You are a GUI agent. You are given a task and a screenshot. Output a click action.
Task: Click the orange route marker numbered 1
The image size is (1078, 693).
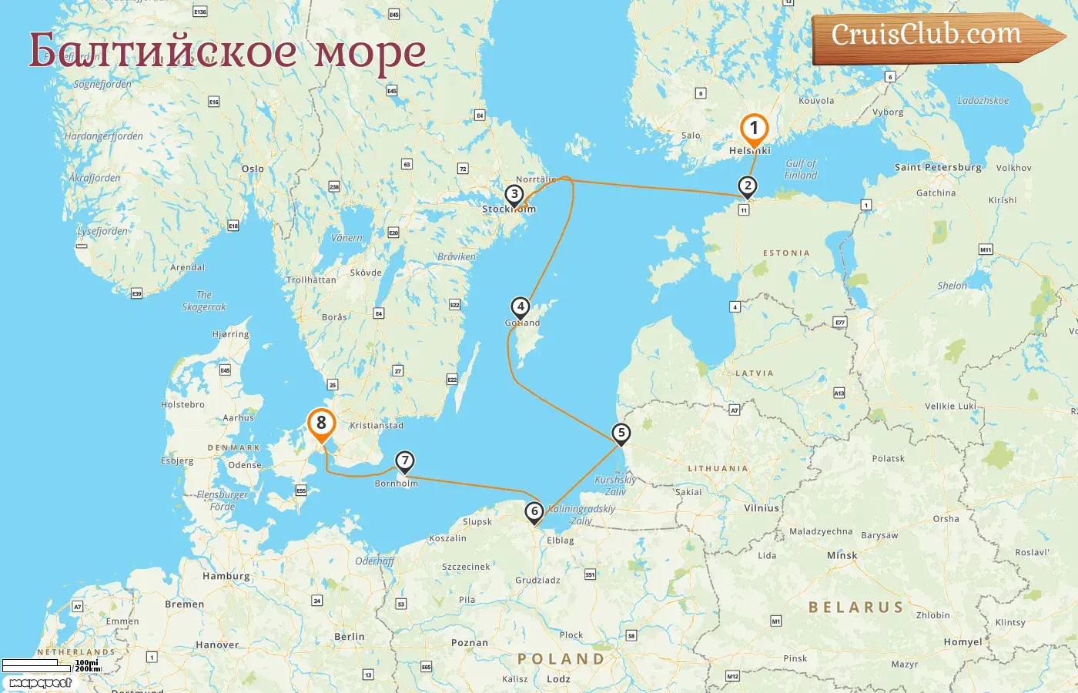point(754,129)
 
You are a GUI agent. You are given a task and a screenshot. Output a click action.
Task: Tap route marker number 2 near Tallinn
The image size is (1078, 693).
point(747,186)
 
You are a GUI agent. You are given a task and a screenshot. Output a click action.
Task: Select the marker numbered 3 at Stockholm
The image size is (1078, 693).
point(514,195)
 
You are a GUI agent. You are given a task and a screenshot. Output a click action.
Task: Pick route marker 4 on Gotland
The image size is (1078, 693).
point(521,306)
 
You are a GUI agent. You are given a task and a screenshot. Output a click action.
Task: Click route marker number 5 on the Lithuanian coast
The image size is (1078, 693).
point(621,433)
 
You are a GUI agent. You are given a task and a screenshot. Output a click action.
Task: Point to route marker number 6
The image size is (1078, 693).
point(534,511)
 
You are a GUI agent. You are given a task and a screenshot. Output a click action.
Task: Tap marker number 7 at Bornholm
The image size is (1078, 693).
point(404,461)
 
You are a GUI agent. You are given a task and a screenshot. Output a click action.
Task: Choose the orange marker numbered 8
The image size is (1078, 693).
point(321,423)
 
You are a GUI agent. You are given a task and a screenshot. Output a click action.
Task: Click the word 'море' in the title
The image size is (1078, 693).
point(370,52)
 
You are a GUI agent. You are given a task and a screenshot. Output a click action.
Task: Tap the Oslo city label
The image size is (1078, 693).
point(253,169)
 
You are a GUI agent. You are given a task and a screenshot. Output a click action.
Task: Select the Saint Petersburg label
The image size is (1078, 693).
point(938,167)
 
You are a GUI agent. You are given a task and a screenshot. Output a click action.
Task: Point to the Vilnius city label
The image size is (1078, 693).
point(762,508)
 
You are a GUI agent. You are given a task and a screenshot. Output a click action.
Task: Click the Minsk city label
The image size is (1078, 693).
point(842,555)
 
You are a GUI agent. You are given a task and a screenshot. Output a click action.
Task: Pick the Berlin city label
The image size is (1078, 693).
point(350,637)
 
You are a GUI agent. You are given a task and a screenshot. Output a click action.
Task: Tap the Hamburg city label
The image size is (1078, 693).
point(226,576)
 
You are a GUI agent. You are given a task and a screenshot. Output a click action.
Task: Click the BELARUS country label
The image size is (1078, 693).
point(855,608)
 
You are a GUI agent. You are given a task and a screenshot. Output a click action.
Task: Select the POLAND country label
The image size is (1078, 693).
point(561,659)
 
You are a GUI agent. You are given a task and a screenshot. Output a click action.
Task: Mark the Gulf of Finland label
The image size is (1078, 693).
point(801,169)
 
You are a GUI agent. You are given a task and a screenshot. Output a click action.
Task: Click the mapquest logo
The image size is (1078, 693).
point(40,682)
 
